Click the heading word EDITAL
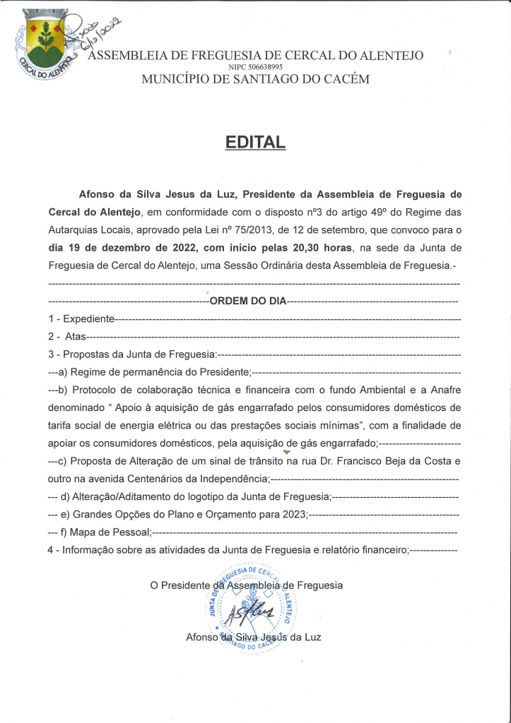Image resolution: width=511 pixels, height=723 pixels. coord(255,141)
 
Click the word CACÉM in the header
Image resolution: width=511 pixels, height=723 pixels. coord(344,79)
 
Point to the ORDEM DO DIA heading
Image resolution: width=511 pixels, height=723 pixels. coord(248,301)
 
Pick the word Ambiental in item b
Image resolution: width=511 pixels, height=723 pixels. coord(376,390)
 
